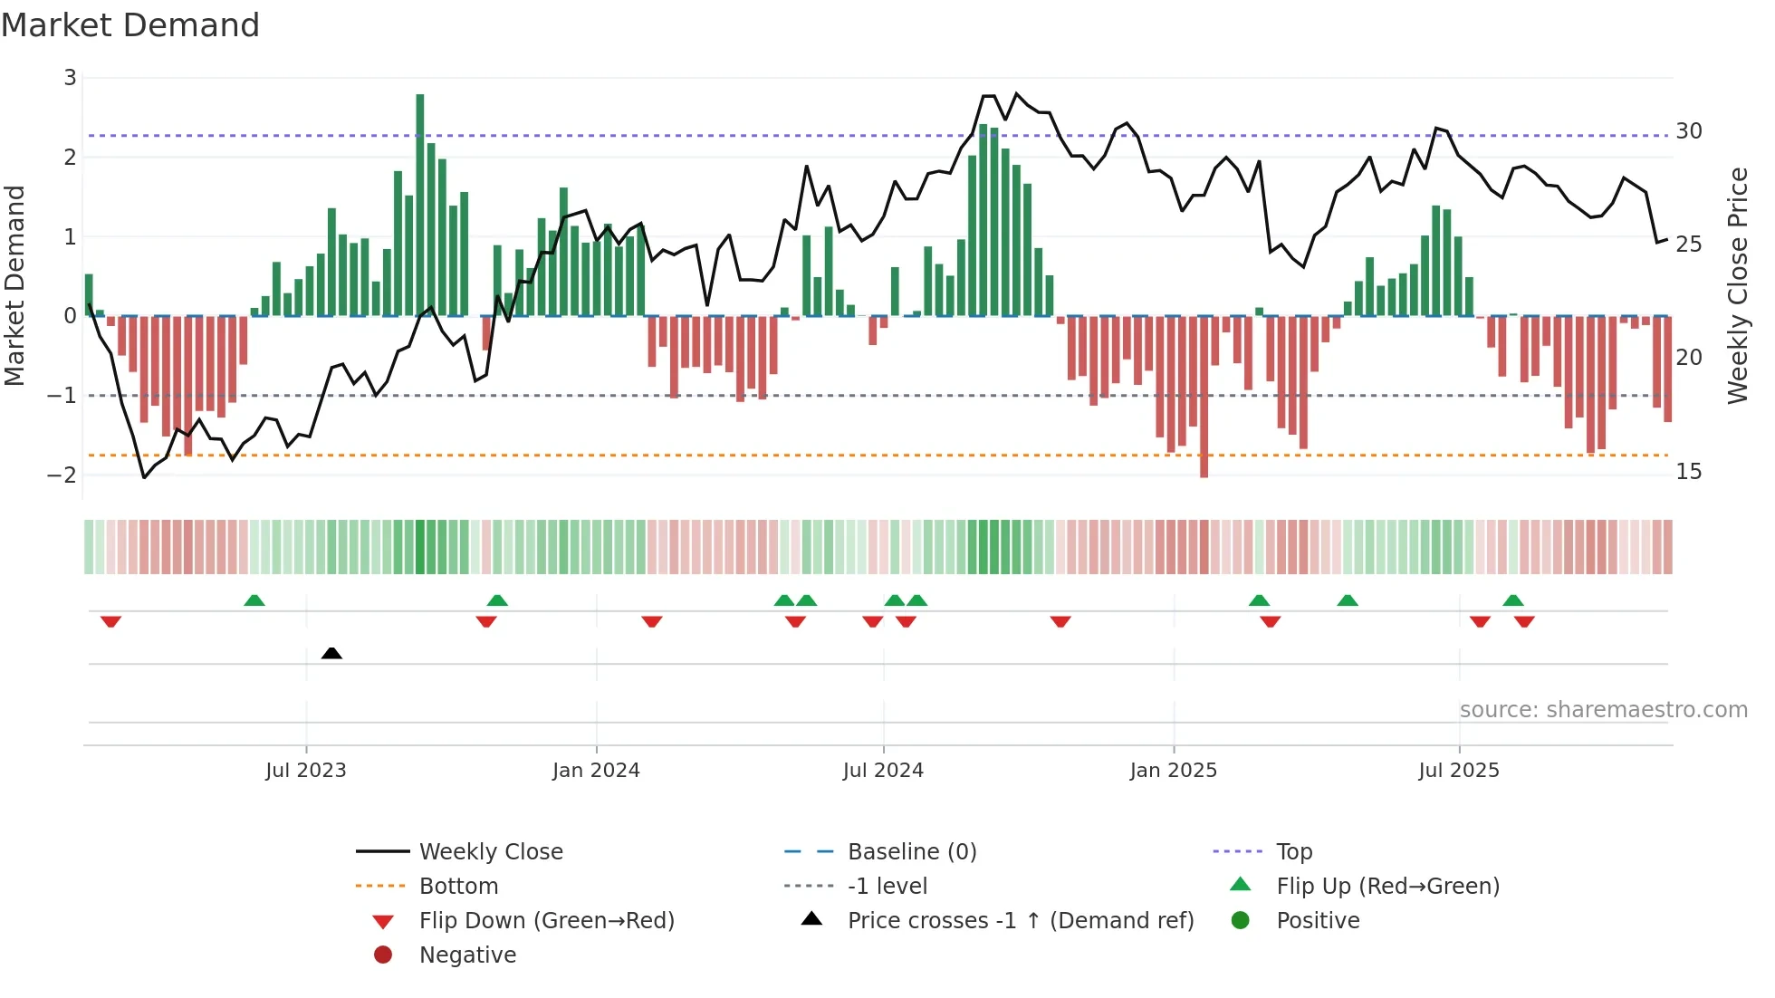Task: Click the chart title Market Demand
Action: coord(130,25)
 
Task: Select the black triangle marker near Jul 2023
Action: coord(331,653)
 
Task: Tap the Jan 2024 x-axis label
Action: coord(596,771)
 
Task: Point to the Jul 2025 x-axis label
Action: coord(1458,771)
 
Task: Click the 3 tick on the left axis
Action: coord(70,78)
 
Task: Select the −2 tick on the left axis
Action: coord(62,475)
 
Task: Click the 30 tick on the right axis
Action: coord(1689,131)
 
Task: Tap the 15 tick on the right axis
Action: coord(1689,472)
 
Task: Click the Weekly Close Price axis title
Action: coord(1737,285)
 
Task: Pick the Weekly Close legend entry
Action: coord(490,852)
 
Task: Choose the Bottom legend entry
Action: coord(458,887)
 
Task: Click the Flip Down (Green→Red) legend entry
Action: coord(546,921)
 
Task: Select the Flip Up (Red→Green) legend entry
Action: coord(1387,887)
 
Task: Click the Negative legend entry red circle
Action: coord(383,955)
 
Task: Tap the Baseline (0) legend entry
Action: coord(911,852)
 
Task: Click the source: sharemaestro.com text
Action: coord(1603,710)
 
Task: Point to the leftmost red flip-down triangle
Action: coord(110,622)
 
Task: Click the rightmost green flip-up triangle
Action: coord(1513,600)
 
